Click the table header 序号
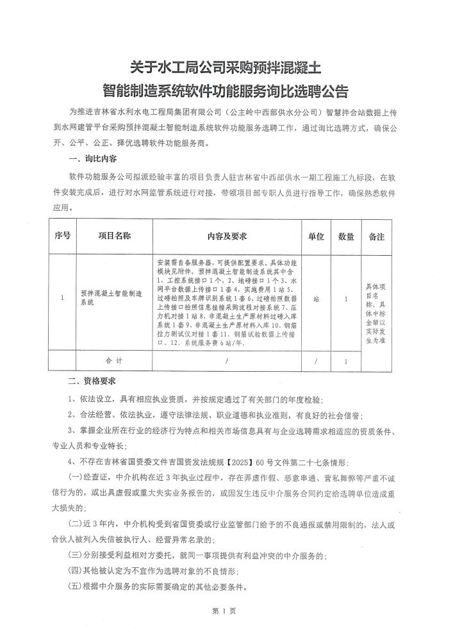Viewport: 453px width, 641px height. point(62,237)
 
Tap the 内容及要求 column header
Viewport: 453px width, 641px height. point(227,237)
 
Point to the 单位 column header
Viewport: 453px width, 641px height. point(316,237)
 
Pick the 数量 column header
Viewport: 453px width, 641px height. point(346,237)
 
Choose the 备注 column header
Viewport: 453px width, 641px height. point(376,237)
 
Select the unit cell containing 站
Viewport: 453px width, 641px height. point(316,298)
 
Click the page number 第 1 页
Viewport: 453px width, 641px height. point(226,611)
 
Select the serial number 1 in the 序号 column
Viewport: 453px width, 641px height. point(62,298)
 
